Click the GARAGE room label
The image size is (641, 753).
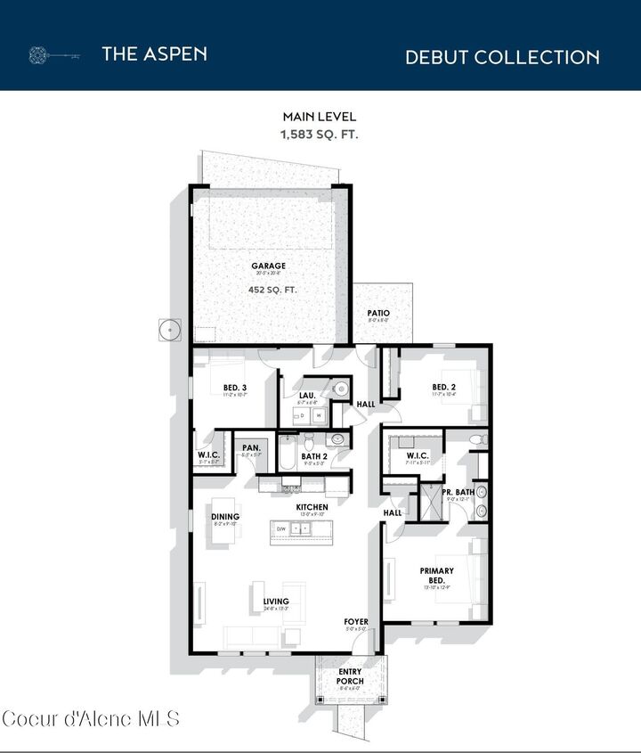pos(268,266)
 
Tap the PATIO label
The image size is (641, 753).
pos(378,314)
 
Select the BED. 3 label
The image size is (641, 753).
pos(234,387)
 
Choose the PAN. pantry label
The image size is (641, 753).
pos(250,447)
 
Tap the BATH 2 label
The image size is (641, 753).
pos(314,456)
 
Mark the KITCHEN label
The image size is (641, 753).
pos(312,507)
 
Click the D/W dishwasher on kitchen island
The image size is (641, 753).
pos(281,528)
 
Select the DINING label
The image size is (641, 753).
pos(225,517)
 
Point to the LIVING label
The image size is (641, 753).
pos(276,602)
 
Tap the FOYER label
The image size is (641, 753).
pos(357,621)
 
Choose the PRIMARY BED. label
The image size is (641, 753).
pos(437,576)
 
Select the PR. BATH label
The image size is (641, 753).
pos(458,492)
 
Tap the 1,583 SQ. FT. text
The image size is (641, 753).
pos(320,134)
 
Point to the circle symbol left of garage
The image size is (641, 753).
pos(170,330)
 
